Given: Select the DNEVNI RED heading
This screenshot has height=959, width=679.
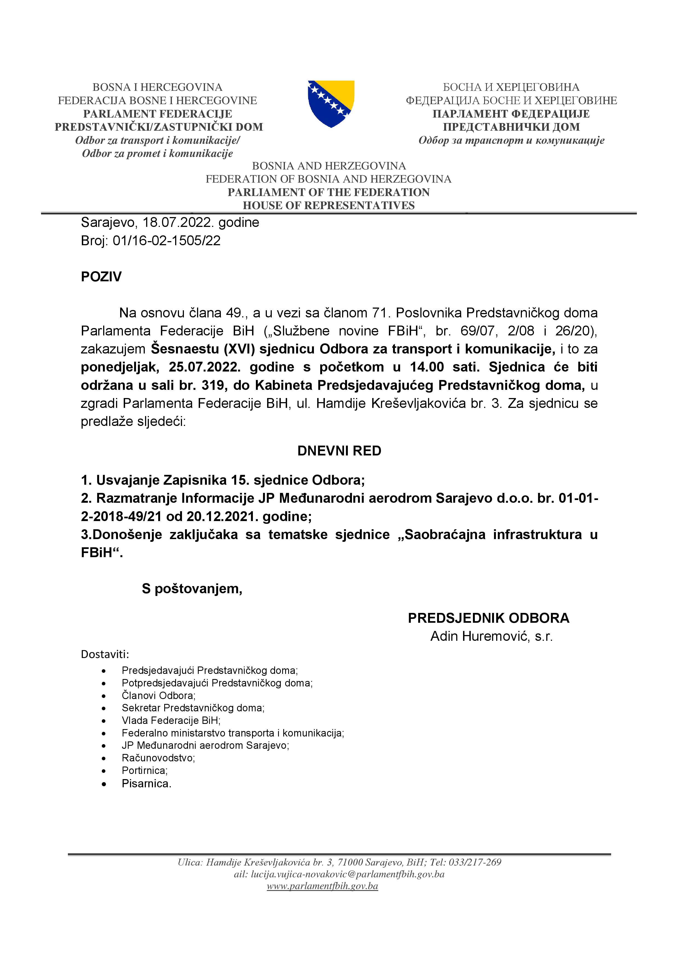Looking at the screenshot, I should pyautogui.click(x=339, y=451).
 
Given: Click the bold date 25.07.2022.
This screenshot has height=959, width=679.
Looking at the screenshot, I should pyautogui.click(x=204, y=367).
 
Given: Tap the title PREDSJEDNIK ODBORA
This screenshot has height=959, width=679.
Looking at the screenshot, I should pyautogui.click(x=488, y=618).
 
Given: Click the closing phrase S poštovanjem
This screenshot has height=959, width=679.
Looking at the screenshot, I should pyautogui.click(x=192, y=589).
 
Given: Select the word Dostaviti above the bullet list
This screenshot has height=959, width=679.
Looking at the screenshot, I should pyautogui.click(x=105, y=654).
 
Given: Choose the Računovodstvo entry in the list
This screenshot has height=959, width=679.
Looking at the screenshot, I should pyautogui.click(x=158, y=758).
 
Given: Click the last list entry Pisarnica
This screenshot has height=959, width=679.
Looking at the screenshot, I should pyautogui.click(x=146, y=783).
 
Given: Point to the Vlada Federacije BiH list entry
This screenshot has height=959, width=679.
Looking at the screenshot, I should pyautogui.click(x=171, y=720).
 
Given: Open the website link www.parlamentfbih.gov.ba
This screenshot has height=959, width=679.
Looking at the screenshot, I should pyautogui.click(x=322, y=886).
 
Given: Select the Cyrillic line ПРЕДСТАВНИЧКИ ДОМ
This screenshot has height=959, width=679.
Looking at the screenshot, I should pyautogui.click(x=511, y=127).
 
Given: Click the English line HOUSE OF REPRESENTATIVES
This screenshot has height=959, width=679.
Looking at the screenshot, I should pyautogui.click(x=329, y=206).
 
